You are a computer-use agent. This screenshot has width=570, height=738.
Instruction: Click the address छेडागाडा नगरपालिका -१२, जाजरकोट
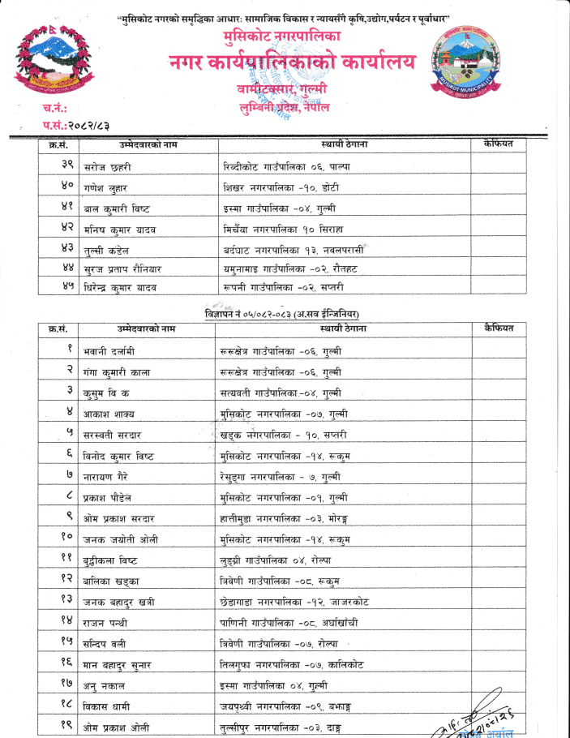294,602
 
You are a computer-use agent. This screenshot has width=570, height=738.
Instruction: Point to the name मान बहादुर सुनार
117,665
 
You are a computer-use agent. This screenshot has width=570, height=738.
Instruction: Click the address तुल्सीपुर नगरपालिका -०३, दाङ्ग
280,727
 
